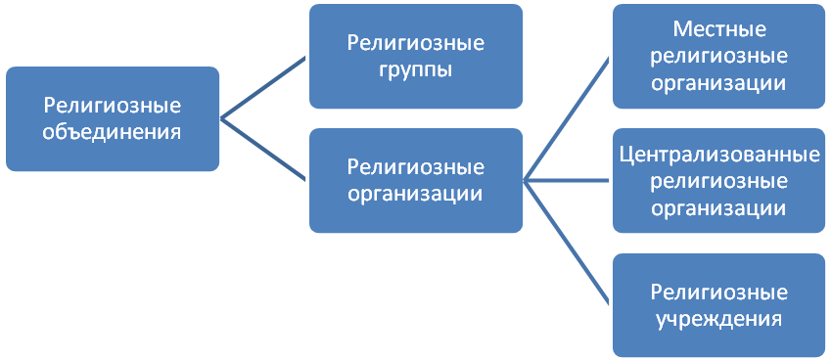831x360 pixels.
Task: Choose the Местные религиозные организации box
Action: (719, 58)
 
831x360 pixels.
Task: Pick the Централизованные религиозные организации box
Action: (719, 181)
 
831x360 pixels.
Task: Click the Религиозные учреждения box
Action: (719, 305)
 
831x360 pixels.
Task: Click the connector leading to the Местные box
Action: (568, 117)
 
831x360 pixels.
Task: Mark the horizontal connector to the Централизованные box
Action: (568, 180)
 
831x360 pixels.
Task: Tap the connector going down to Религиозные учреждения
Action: (568, 242)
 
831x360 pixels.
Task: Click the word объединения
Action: (115, 131)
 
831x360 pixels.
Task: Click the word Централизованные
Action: (719, 156)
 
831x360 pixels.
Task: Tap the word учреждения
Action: (719, 319)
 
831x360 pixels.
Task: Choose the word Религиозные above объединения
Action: (115, 106)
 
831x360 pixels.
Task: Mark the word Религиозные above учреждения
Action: (719, 292)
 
